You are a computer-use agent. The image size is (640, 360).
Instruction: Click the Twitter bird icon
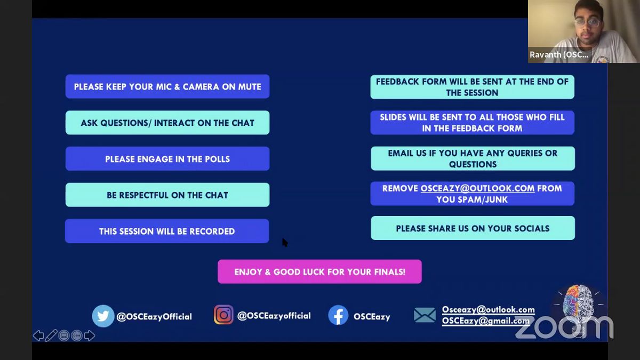point(103,316)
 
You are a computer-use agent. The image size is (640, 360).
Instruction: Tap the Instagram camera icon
point(223,315)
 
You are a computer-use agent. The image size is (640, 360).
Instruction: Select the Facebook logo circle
point(338,315)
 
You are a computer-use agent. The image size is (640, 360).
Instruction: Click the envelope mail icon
point(425,315)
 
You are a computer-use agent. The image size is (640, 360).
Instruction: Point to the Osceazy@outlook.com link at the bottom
point(489,310)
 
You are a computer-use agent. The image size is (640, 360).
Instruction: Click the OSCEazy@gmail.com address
point(486,321)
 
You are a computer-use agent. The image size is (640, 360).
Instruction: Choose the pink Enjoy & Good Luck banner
point(319,271)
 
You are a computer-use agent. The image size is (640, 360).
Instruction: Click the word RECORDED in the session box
point(212,231)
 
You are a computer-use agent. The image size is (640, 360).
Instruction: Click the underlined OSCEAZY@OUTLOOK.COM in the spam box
point(477,189)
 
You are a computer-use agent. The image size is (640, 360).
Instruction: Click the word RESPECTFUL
point(143,195)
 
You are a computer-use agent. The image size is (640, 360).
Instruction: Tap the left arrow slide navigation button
point(38,335)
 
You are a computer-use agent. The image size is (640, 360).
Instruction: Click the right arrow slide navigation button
point(90,335)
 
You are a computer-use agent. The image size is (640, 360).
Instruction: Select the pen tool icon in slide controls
point(51,335)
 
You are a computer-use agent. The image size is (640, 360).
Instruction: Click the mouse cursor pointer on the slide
point(285,243)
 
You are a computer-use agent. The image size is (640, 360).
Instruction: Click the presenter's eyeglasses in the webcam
point(588,23)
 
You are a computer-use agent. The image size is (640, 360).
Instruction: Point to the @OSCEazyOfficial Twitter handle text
point(154,317)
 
